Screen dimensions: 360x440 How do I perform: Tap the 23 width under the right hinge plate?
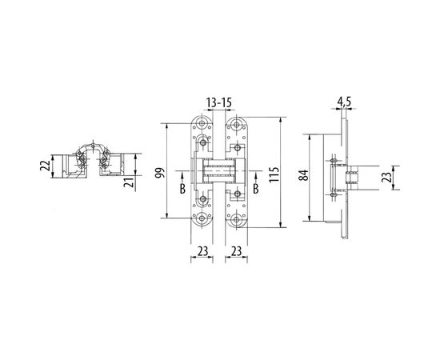click(237, 250)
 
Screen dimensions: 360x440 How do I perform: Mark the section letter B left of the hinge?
click(182, 189)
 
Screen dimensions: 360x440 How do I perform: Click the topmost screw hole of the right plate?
click(237, 126)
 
